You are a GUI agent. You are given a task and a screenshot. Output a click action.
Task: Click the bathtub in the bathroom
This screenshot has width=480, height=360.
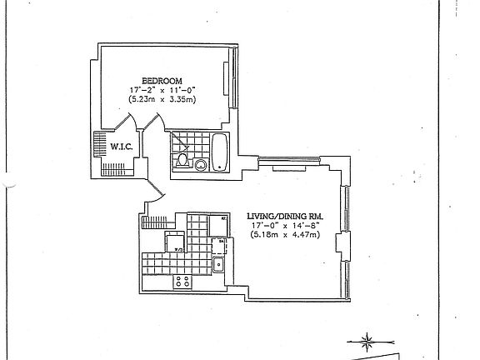pos(219,152)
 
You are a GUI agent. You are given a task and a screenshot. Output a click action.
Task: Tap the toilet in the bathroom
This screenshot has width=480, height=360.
pos(183,160)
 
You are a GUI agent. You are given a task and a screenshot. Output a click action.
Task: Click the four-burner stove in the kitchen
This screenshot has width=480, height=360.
pos(185,282)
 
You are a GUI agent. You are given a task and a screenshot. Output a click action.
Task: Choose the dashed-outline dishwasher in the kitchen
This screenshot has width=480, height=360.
pos(219,247)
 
